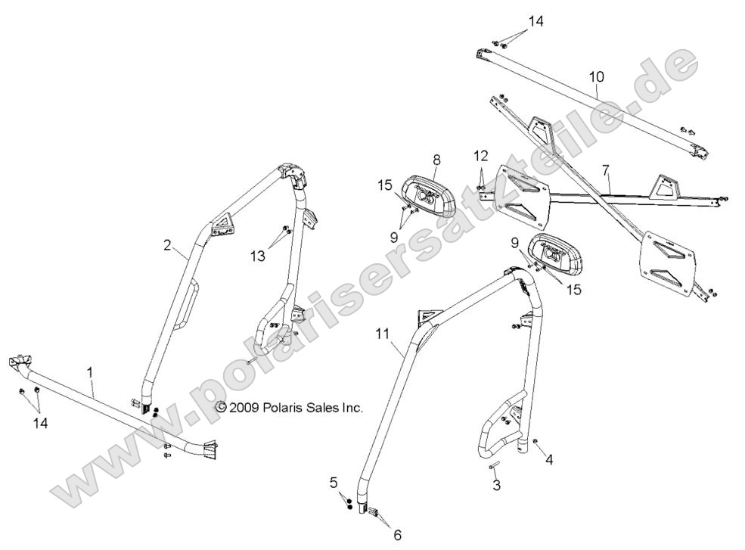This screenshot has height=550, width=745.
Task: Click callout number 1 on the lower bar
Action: click(x=91, y=372)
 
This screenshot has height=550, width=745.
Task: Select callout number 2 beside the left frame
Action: click(x=168, y=245)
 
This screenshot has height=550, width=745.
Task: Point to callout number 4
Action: click(x=550, y=459)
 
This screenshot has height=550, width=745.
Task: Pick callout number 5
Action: click(x=333, y=481)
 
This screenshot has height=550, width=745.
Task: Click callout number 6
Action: click(x=398, y=534)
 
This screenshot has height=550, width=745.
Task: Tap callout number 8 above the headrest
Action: click(x=436, y=160)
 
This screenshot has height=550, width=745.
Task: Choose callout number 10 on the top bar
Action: click(x=597, y=77)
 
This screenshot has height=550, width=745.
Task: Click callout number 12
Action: click(x=481, y=155)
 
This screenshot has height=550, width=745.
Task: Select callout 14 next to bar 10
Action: click(x=535, y=22)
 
